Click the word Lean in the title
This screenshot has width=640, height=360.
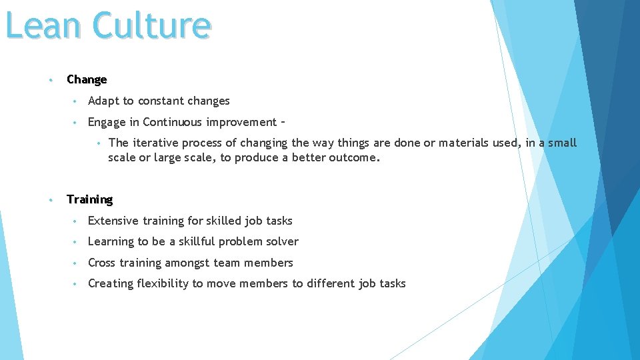43,25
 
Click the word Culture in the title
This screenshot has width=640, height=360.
152,25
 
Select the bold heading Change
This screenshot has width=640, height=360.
87,79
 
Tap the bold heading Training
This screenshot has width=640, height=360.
90,199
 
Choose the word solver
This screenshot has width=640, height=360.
283,241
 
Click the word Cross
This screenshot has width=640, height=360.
102,263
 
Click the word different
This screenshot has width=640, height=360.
331,283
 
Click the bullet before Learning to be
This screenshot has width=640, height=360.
77,242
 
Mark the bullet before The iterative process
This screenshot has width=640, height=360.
98,143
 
